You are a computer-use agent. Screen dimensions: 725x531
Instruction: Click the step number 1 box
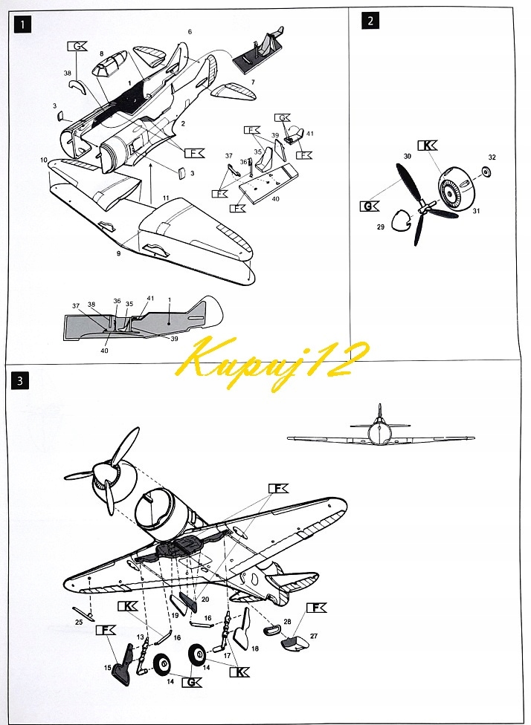pos(25,25)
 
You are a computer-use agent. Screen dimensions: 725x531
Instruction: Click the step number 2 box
pos(370,22)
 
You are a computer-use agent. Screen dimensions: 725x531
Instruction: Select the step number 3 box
pos(25,382)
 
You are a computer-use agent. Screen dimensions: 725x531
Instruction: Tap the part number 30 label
pos(407,157)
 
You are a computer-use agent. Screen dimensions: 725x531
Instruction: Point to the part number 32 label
pos(492,157)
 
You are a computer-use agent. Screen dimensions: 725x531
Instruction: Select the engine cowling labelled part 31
pos(452,192)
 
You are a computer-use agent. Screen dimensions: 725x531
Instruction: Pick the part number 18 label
pos(255,648)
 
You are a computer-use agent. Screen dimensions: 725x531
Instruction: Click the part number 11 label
pos(167,198)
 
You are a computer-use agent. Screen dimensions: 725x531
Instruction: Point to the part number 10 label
pos(44,160)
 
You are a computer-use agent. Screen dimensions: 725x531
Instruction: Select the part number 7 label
pos(252,81)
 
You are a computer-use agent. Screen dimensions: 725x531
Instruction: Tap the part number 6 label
pos(190,32)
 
